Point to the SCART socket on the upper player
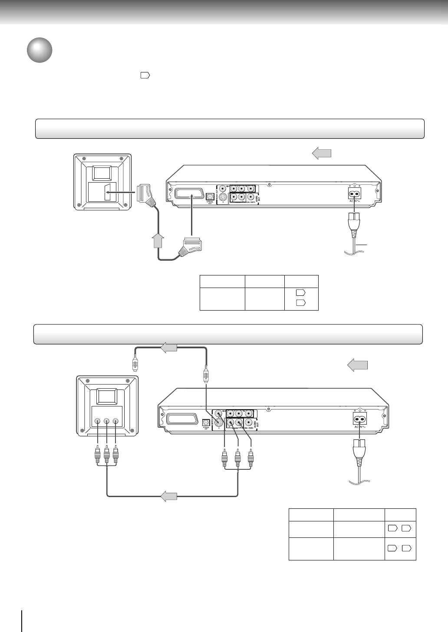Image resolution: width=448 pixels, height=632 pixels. pos(189,193)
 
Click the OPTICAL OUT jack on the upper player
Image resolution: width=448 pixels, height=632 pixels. pos(210,196)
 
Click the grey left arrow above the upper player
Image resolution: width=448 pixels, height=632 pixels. pos(322,153)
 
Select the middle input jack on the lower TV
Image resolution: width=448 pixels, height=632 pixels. pos(106,421)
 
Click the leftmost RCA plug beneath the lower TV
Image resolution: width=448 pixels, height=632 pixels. pos(98,456)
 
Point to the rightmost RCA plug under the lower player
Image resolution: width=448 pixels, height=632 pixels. pos(250,457)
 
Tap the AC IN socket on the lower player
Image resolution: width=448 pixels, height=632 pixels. pos(360,419)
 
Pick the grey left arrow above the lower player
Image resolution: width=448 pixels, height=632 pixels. pos(357,365)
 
